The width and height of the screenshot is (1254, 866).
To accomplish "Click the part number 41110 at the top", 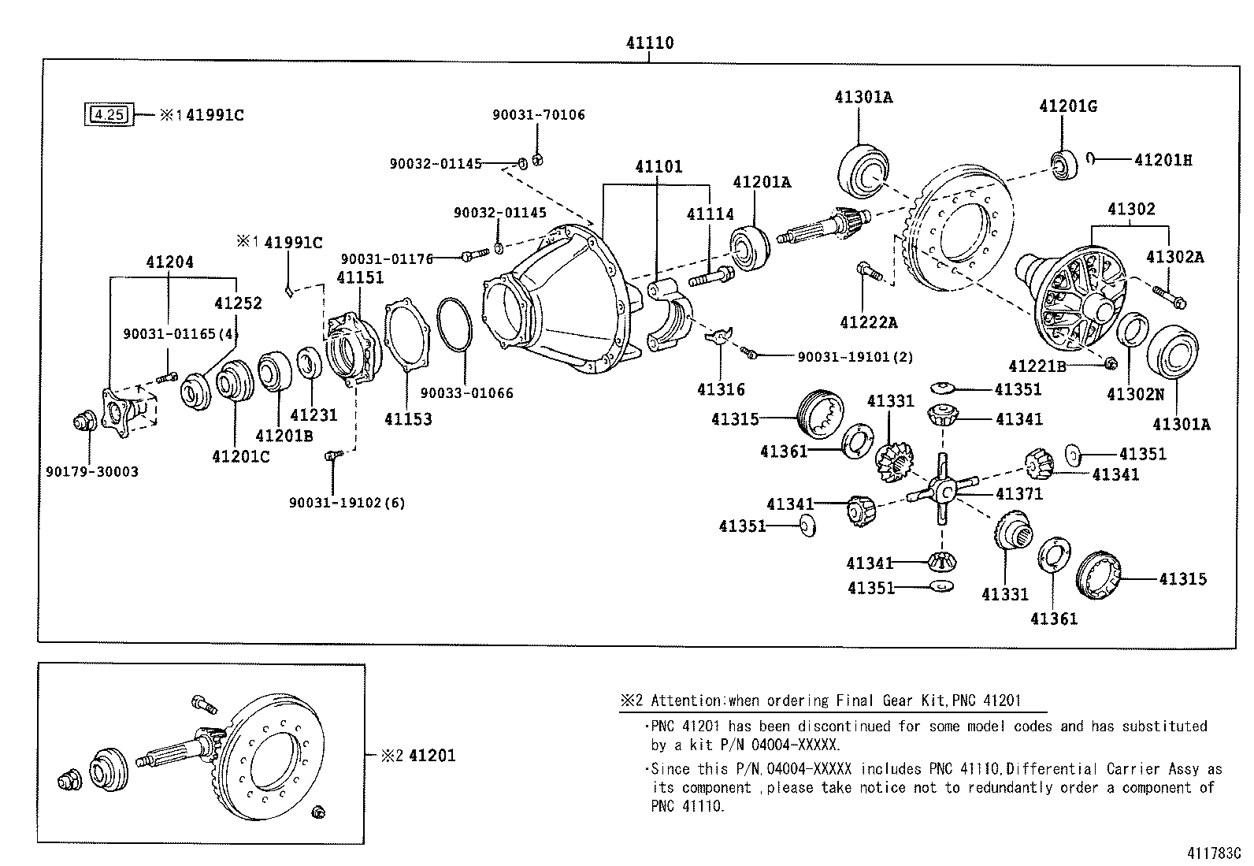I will (x=650, y=43).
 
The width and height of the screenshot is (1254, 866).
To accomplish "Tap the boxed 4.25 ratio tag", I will (x=109, y=115).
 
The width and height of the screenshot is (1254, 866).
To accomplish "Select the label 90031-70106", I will (x=539, y=115).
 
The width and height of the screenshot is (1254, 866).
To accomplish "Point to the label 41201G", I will (x=1067, y=106).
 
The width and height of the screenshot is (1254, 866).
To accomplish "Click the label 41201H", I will (x=1163, y=160).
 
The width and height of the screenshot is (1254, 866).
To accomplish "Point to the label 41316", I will (x=720, y=389).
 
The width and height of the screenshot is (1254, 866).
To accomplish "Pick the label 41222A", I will (x=868, y=322).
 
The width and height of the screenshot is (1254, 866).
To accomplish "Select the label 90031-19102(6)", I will (x=347, y=503).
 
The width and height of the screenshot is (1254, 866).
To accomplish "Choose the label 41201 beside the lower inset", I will (x=432, y=756).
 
